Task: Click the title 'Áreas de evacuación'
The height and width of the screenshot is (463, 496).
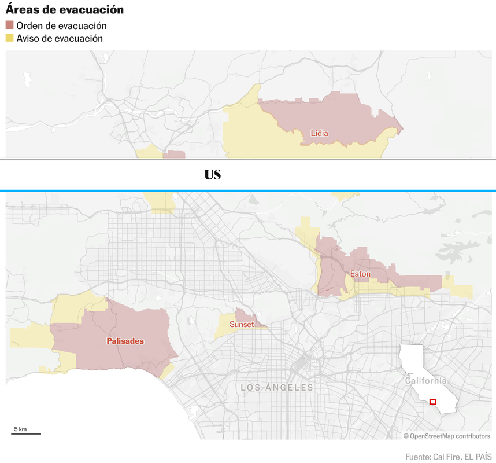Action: point(65,10)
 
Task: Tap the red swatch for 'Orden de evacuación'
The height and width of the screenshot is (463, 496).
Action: point(10,25)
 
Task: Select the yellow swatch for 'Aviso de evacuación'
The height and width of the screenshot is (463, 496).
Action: point(10,38)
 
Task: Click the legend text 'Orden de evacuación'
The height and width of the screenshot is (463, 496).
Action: point(61,25)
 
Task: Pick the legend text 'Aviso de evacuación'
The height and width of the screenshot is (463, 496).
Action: point(60,38)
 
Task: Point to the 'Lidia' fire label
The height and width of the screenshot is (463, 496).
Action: point(319,133)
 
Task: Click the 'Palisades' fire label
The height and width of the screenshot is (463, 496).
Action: point(125,341)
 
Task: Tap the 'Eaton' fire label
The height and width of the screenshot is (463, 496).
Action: point(360,273)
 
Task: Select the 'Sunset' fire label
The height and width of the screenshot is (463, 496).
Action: point(242,324)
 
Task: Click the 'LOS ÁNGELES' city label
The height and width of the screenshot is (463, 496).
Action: point(276,388)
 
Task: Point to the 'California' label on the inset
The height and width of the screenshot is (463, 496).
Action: point(425,381)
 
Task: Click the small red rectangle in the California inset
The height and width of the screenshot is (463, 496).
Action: point(432,402)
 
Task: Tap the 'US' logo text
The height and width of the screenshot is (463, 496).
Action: point(213,175)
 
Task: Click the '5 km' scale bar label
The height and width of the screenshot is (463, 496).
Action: point(20,429)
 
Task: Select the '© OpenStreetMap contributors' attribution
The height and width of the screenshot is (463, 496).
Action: point(447,436)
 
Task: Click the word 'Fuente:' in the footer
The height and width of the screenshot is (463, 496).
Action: point(418,457)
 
